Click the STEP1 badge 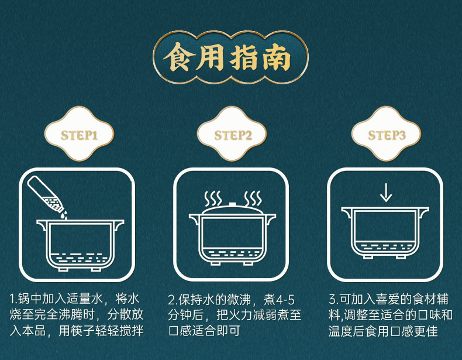click(78, 136)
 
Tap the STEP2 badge click(232, 136)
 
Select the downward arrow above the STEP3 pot click(385, 192)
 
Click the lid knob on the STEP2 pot click(232, 204)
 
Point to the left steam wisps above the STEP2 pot click(212, 197)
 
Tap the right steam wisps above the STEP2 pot click(253, 197)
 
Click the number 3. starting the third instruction click(332, 300)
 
